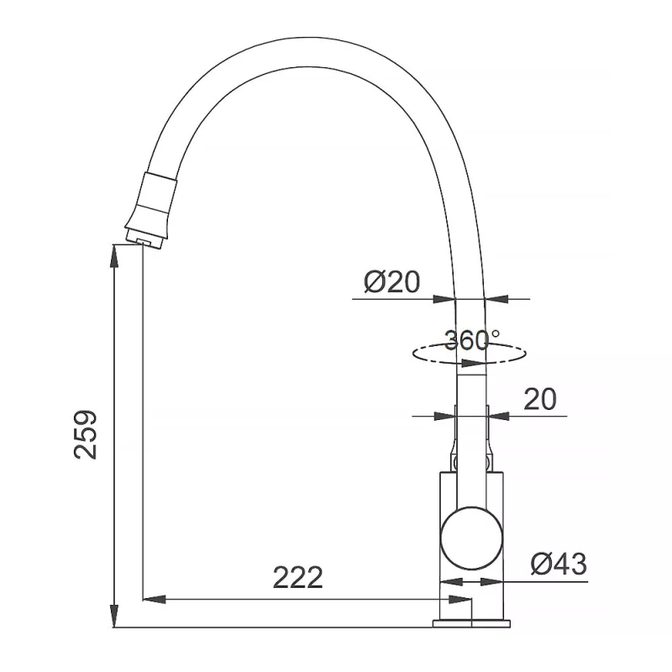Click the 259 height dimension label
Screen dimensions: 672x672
click(x=86, y=435)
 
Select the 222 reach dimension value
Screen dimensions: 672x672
click(x=297, y=578)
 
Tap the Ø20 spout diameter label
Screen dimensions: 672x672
click(x=391, y=282)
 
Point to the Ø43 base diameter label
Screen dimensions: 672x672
click(x=559, y=564)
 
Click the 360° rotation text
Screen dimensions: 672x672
click(x=471, y=341)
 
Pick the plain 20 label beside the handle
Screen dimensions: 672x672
click(x=540, y=399)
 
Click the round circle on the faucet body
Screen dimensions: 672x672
click(x=471, y=538)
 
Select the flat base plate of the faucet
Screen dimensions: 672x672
click(x=471, y=623)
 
